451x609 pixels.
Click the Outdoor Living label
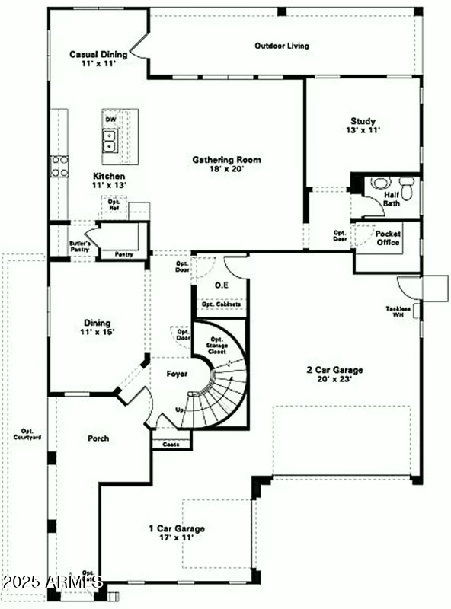tap(281, 46)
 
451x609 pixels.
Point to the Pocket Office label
tap(389, 238)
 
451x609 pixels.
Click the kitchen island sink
tap(110, 141)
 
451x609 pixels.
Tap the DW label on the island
tap(110, 120)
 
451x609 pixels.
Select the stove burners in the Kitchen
tap(59, 166)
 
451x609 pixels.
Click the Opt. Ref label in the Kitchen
tap(114, 205)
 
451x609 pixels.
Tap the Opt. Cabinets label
tap(222, 304)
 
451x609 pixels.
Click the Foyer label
tap(177, 374)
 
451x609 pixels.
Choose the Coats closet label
tap(171, 444)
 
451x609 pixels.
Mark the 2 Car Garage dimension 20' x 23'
tap(334, 381)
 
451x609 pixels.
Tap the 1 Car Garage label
tap(176, 528)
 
